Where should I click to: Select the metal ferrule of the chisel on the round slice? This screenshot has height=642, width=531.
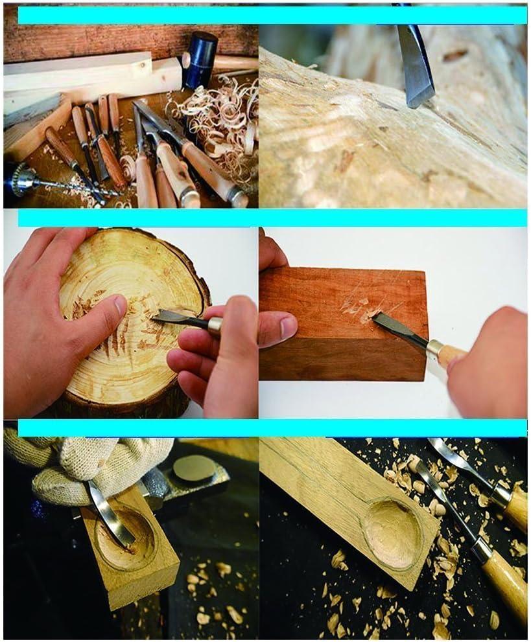pyautogui.click(x=215, y=325)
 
